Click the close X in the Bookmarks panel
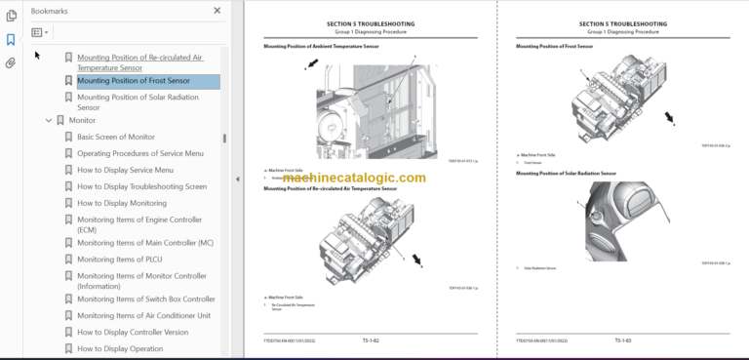pyautogui.click(x=217, y=11)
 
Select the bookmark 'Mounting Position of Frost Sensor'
pyautogui.click(x=134, y=81)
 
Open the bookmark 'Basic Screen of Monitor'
pyautogui.click(x=116, y=137)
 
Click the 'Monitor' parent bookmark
pyautogui.click(x=83, y=120)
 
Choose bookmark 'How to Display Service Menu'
pyautogui.click(x=125, y=170)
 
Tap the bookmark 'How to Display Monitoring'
pyautogui.click(x=122, y=203)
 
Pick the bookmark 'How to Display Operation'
pyautogui.click(x=120, y=348)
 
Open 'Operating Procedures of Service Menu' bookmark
pyautogui.click(x=140, y=153)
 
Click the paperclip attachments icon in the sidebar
pyautogui.click(x=11, y=62)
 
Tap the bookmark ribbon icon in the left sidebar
pyautogui.click(x=11, y=40)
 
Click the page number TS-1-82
pyautogui.click(x=370, y=340)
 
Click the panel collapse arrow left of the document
pyautogui.click(x=237, y=180)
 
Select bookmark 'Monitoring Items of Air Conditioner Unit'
pyautogui.click(x=143, y=315)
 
